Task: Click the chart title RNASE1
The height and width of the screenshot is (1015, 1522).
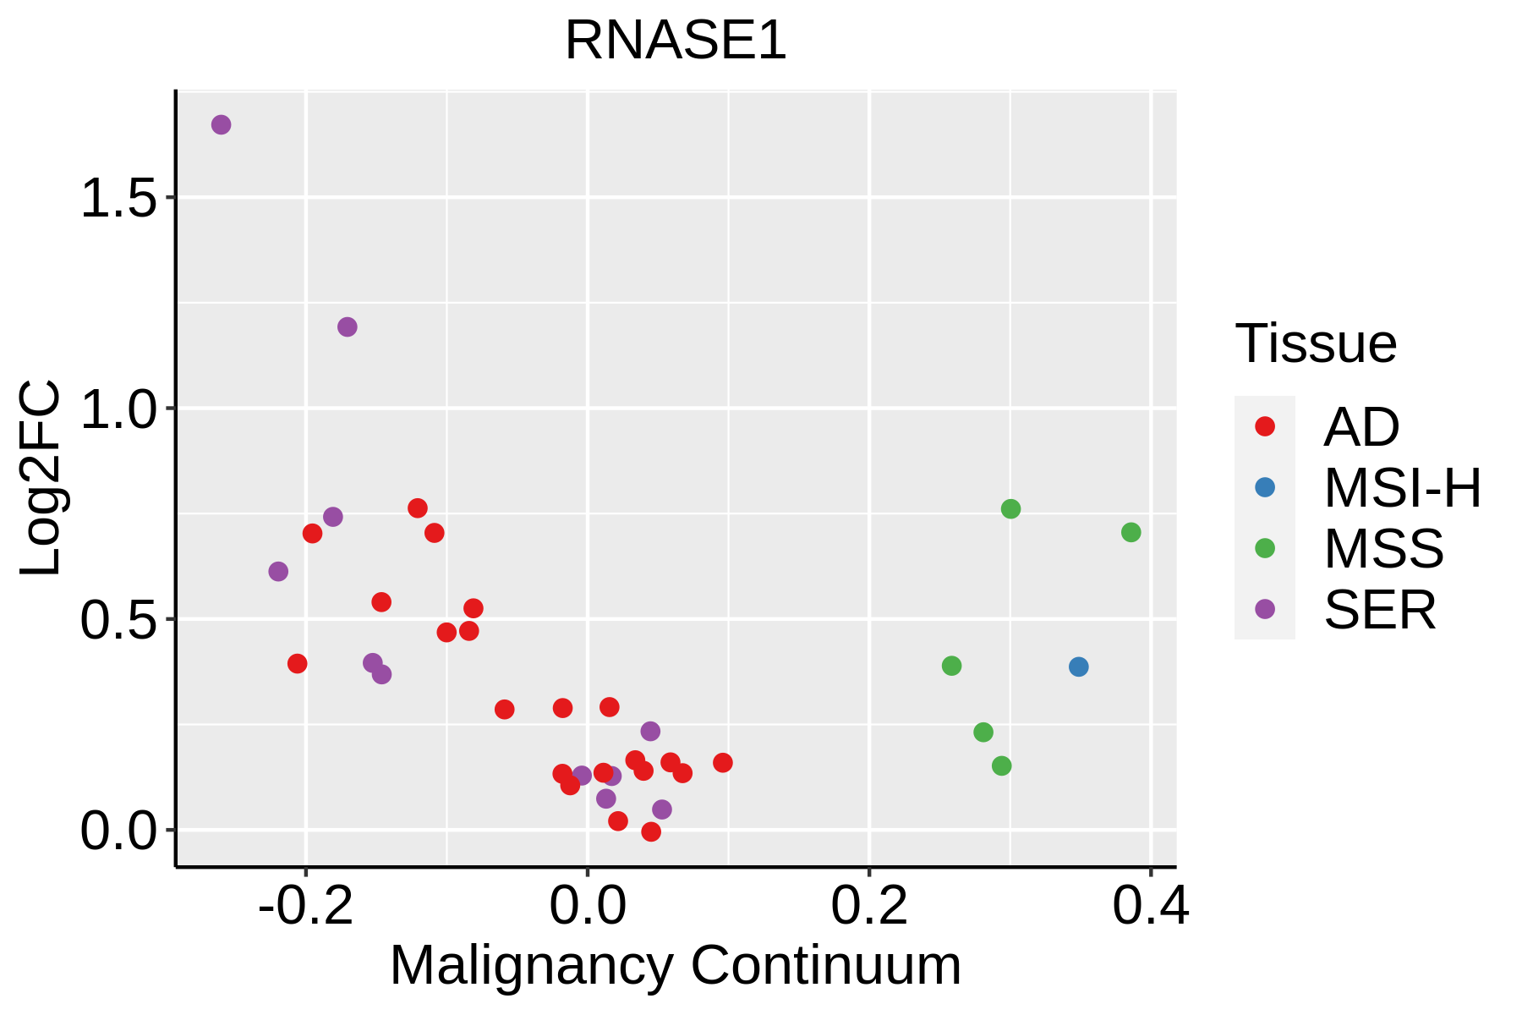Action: coord(676,41)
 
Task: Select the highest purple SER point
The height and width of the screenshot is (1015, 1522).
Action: coord(221,125)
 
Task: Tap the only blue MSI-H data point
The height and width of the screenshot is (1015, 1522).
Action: coord(1078,667)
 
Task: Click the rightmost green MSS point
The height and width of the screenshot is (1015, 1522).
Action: coord(1131,532)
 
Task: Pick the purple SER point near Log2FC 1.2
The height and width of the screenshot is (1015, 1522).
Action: coord(348,326)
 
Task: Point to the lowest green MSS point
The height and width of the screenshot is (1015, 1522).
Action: coord(1001,765)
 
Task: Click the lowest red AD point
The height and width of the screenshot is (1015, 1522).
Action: coord(651,831)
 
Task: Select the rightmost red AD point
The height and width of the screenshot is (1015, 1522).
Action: coord(723,763)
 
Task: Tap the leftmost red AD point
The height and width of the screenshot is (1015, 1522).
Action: coord(297,663)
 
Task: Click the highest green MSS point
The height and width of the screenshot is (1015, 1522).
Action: coord(1010,508)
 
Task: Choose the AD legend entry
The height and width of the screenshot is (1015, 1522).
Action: coord(1360,427)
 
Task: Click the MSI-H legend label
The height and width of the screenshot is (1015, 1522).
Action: coord(1402,488)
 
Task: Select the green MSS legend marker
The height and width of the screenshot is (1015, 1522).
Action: coord(1265,548)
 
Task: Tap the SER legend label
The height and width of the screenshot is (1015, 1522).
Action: coord(1380,610)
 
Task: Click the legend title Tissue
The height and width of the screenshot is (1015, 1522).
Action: coord(1316,343)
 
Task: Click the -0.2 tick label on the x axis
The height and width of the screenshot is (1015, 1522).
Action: coord(305,906)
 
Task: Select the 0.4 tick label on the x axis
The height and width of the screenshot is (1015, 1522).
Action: coord(1150,906)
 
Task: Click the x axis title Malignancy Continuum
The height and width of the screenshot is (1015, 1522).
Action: coord(676,966)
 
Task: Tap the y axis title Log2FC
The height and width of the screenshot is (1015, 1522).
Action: coord(41,478)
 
